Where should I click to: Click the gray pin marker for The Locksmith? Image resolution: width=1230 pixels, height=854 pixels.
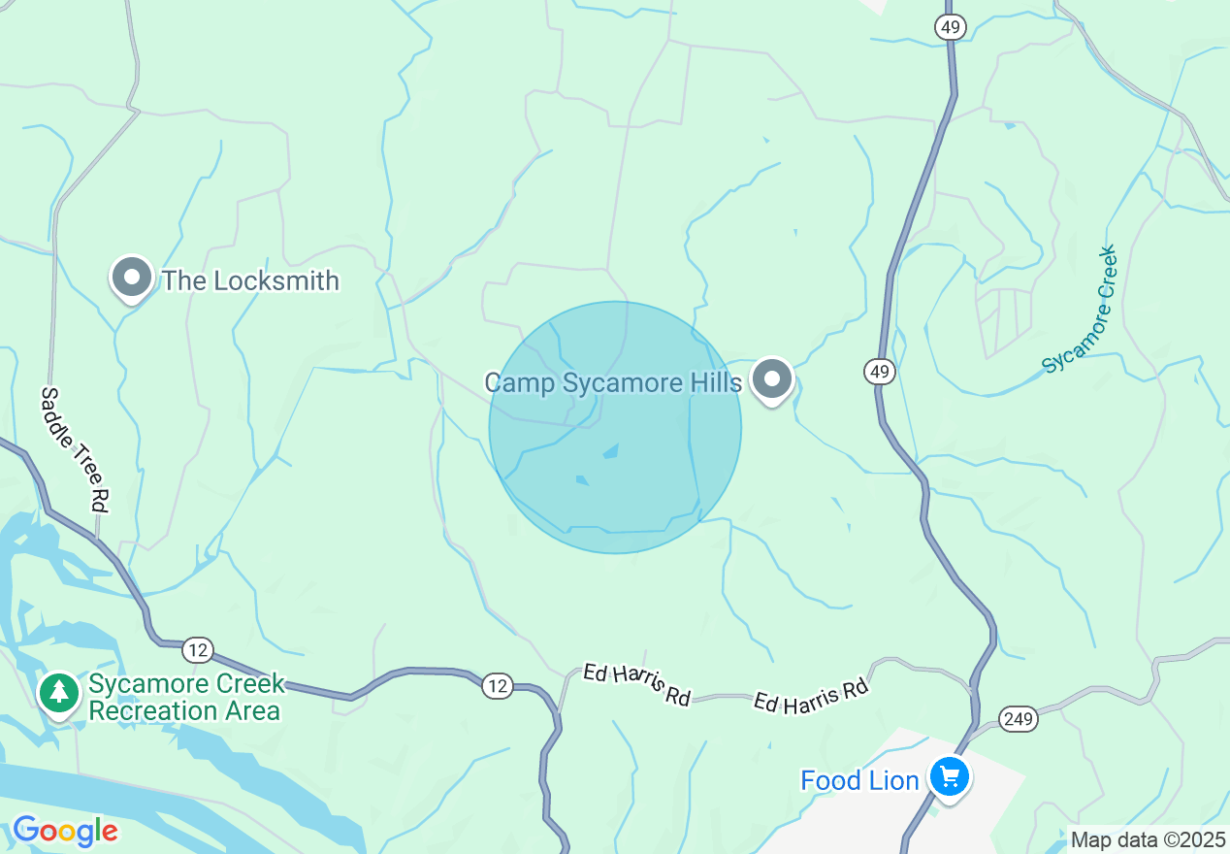(x=132, y=279)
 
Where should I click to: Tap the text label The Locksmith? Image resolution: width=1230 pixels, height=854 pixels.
(x=250, y=281)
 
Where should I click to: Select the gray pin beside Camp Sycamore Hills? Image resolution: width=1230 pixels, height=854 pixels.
(x=772, y=379)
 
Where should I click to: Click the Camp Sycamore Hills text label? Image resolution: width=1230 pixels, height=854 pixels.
(x=613, y=382)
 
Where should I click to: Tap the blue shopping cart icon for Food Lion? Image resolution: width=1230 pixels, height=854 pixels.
(x=949, y=777)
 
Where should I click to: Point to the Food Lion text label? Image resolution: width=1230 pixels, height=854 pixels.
(x=859, y=780)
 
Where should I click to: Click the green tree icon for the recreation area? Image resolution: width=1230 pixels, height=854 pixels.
(x=60, y=693)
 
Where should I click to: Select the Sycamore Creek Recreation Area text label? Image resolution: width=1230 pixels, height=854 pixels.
(x=186, y=697)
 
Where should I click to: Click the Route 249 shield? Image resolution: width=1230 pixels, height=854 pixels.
(x=1020, y=719)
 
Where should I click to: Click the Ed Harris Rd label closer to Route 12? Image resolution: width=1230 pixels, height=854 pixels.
(x=636, y=684)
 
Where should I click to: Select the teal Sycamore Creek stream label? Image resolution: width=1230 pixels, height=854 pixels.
(x=1080, y=310)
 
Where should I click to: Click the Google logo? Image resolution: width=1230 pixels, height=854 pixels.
(x=65, y=831)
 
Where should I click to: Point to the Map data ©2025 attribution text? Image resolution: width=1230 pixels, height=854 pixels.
(x=1148, y=839)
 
